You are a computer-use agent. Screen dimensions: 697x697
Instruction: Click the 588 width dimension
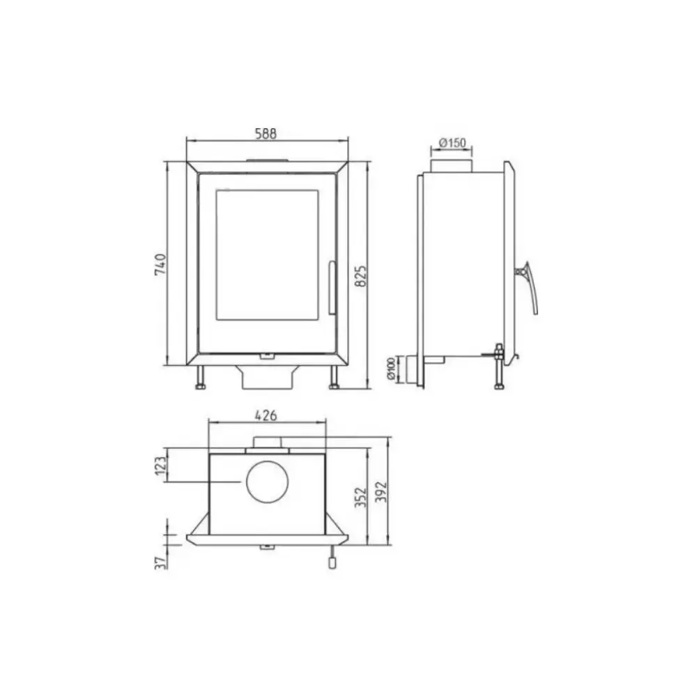pos(266,133)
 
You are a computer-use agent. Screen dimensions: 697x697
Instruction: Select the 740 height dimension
pos(160,264)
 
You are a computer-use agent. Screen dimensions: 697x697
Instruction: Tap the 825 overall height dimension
pos(361,276)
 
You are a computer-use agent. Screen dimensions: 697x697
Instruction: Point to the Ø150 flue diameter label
pos(452,143)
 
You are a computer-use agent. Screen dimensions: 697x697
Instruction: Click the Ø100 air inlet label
pos(392,369)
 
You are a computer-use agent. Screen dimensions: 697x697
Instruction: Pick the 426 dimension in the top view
pos(266,415)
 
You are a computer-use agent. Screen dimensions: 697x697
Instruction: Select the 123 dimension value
pos(161,465)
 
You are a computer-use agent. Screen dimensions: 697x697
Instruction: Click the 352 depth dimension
pos(361,497)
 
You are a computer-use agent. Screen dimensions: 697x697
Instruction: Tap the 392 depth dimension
pos(381,491)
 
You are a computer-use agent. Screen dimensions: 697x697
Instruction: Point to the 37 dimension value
pos(161,562)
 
